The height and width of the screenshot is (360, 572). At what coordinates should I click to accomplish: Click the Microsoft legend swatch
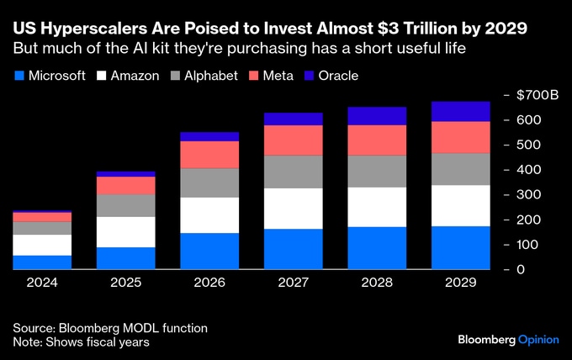click(x=19, y=76)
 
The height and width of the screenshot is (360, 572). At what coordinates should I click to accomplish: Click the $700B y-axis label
click(x=532, y=95)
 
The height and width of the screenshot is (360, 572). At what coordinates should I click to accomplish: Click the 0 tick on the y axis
click(x=522, y=269)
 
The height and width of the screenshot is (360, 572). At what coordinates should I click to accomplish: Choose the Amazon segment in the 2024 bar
click(x=42, y=245)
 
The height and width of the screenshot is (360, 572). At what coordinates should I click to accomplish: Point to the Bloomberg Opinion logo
click(x=509, y=340)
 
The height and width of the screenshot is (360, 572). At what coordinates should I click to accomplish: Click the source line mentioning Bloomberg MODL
click(x=110, y=327)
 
